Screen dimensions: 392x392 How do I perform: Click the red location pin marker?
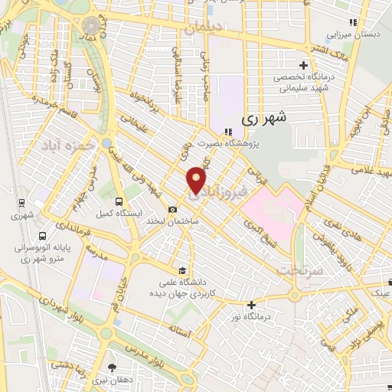197,180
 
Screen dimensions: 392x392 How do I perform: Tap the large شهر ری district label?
264,119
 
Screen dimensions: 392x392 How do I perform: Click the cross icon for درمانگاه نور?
250,304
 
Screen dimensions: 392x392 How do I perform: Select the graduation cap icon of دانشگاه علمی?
182,270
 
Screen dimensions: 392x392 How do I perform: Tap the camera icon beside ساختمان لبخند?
173,210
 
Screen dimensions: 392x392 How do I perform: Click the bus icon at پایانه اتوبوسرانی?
41,236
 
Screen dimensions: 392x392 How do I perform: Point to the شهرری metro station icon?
22,204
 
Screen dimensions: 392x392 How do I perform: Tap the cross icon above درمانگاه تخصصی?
305,65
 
